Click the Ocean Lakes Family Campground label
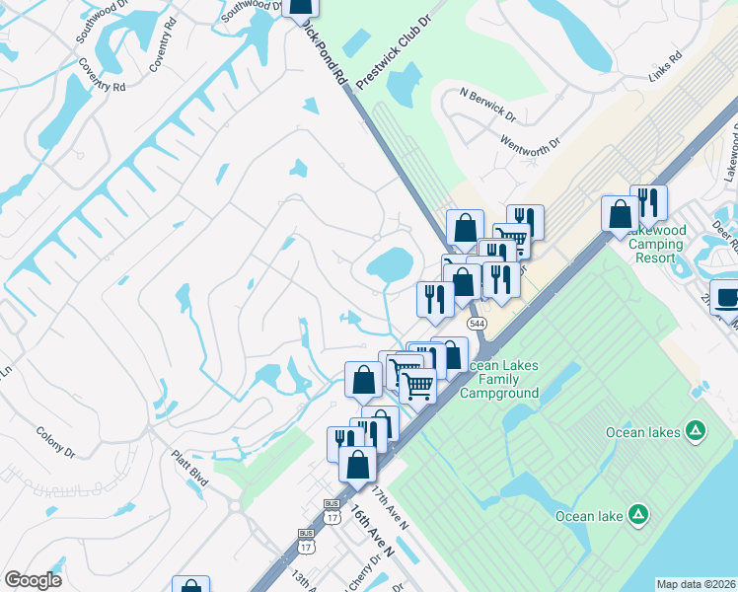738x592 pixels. click(x=503, y=379)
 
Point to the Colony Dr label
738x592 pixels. click(x=55, y=442)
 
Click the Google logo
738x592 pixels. click(x=33, y=580)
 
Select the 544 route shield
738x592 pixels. click(x=476, y=323)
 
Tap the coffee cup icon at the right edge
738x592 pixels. click(x=726, y=295)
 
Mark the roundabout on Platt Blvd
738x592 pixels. click(x=236, y=506)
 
